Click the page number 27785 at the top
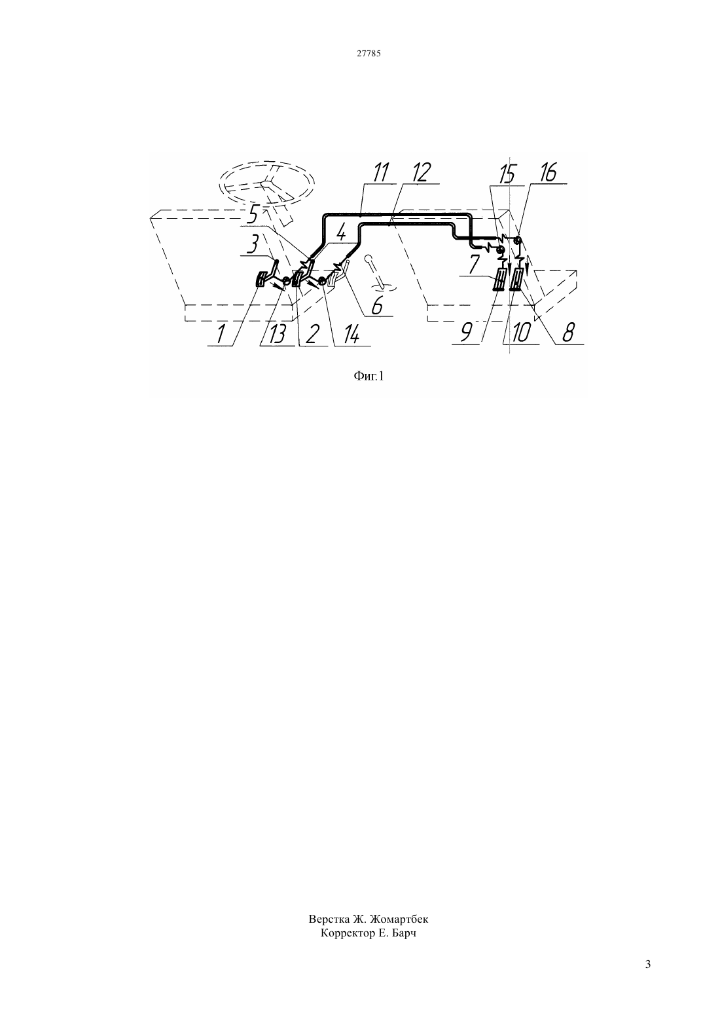[x=369, y=54]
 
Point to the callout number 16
[x=549, y=173]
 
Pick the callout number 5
[x=255, y=215]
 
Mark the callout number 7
[x=474, y=264]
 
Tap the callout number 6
[x=377, y=306]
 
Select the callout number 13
[x=277, y=335]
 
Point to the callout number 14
[x=351, y=336]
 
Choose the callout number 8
[x=567, y=333]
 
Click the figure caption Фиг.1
[x=369, y=376]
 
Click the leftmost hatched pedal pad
[x=262, y=280]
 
